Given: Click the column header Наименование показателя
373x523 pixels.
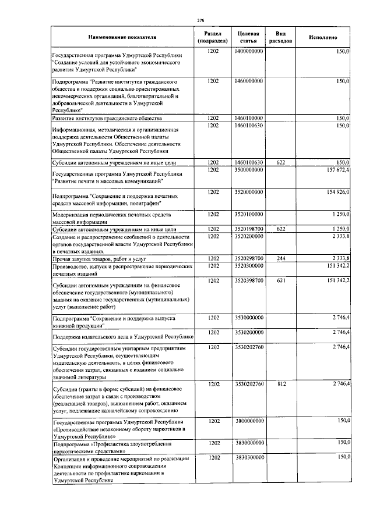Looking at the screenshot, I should point(123,37).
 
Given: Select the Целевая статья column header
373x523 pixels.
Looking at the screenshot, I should point(249,37).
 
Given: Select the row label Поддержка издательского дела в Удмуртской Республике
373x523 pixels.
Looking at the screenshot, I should point(122,336).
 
